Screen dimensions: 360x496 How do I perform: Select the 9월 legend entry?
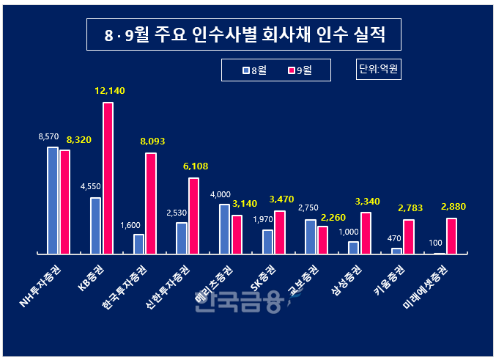[x=300, y=70]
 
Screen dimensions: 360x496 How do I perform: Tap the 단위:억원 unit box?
[x=380, y=70]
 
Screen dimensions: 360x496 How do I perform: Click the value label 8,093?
[x=152, y=141]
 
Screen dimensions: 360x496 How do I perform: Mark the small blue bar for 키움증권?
[x=396, y=251]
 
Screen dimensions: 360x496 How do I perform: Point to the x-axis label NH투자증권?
[x=42, y=285]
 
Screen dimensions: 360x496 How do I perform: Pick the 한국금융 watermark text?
[x=238, y=301]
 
